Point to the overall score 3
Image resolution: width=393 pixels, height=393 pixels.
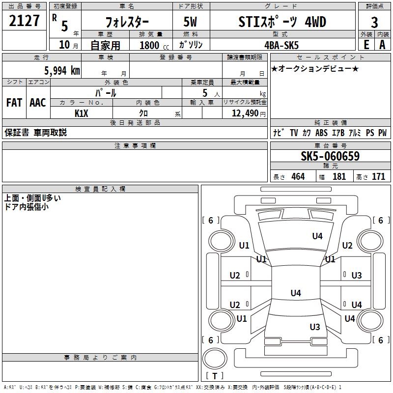pos(374,23)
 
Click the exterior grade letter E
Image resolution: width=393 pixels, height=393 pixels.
pos(365,44)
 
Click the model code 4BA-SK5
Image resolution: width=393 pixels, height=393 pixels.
pos(281,45)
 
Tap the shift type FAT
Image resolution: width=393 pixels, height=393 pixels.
pos(14,102)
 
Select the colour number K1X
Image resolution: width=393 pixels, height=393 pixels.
pos(81,113)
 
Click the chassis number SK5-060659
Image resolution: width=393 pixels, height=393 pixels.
pos(330,156)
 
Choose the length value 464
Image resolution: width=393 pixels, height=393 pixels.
pos(298,177)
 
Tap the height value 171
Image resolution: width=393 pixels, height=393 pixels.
pos(378,177)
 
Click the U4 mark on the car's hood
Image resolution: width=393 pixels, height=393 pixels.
pos(317,236)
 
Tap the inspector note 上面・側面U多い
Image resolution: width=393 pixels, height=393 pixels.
pos(32,198)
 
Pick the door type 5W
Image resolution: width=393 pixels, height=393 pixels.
pos(191,22)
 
